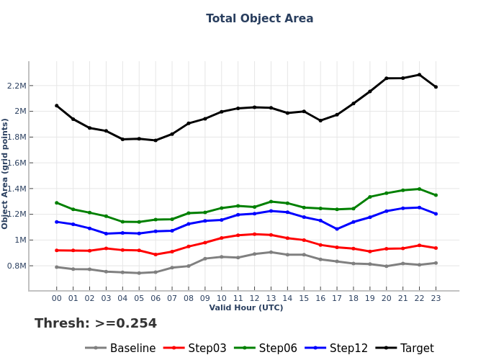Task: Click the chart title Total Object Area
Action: [259, 19]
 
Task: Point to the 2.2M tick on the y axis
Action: [16, 86]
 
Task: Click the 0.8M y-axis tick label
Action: [16, 266]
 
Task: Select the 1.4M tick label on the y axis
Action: [16, 189]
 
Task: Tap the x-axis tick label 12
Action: [254, 297]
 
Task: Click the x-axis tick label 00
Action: [57, 297]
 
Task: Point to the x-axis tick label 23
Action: [436, 297]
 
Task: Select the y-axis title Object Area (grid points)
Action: [6, 174]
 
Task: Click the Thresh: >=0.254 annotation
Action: [96, 324]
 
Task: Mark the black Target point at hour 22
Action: [419, 75]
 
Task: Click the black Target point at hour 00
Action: [57, 106]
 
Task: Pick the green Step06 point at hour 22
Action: [419, 189]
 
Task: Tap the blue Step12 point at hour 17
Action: [337, 229]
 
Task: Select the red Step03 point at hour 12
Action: [254, 234]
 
